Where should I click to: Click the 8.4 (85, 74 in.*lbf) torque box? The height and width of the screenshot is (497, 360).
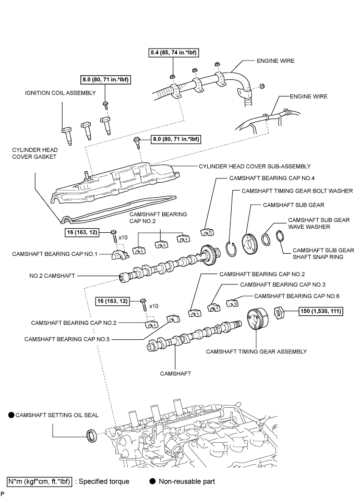174,53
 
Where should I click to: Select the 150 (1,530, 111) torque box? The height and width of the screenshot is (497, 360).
321,311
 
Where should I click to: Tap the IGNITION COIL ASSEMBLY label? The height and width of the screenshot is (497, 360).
60,93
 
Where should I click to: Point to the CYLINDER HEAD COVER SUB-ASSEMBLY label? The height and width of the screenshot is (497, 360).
255,166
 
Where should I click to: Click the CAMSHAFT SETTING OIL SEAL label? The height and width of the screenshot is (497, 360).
57,415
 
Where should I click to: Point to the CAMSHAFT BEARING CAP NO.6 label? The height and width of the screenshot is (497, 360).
297,296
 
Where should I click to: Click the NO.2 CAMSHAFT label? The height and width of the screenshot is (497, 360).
52,276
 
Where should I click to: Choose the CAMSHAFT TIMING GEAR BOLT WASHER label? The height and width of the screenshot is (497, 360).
297,191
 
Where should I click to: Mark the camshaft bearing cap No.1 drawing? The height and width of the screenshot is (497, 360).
120,254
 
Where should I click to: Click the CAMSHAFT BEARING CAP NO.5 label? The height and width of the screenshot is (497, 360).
67,339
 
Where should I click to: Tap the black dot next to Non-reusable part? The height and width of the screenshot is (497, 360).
152,481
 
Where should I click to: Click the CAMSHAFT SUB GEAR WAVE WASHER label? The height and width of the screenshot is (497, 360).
319,223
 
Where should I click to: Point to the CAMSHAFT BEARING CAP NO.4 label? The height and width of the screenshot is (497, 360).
272,178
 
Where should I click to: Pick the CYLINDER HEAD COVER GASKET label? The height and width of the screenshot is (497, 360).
35,153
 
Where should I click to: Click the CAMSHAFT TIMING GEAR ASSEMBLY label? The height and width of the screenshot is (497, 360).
256,351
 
